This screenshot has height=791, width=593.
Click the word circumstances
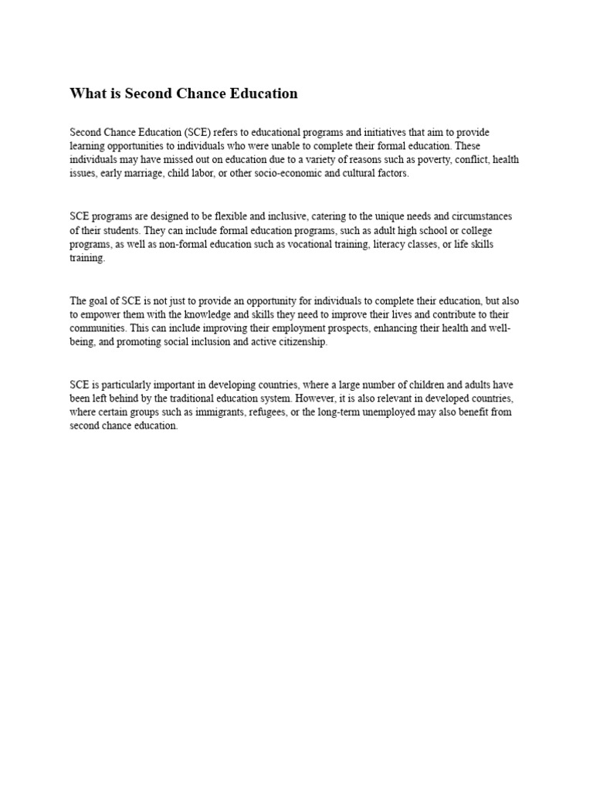(x=484, y=216)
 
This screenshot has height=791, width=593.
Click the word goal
(x=101, y=300)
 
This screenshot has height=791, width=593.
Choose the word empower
(x=103, y=314)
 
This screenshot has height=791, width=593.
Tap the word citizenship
(x=303, y=342)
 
